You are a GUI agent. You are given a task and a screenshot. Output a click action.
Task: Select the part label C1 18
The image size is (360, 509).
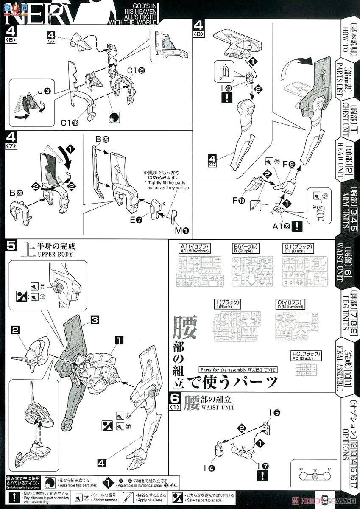point(69,123)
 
